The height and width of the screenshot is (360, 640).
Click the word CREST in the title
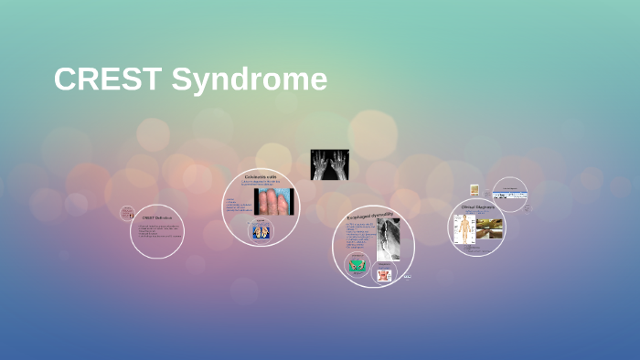coord(108,79)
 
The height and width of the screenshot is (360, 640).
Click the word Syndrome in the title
coord(249,79)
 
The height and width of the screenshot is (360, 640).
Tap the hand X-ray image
coord(329,164)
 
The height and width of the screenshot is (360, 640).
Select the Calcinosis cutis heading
coord(260,176)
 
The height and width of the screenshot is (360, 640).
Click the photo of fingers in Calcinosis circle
coord(274,201)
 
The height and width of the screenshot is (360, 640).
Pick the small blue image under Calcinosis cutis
coord(261,232)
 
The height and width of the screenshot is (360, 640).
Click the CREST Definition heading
coord(157,217)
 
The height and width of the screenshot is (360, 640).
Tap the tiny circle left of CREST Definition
coord(127,214)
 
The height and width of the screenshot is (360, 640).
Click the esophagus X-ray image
coord(388,238)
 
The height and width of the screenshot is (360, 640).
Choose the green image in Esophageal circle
coord(357,268)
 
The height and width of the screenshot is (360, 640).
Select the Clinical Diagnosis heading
coord(477,207)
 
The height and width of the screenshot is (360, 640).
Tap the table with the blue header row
coord(509,195)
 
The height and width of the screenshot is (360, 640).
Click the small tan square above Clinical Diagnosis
coord(475,189)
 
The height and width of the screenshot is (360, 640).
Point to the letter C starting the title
coord(65,79)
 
